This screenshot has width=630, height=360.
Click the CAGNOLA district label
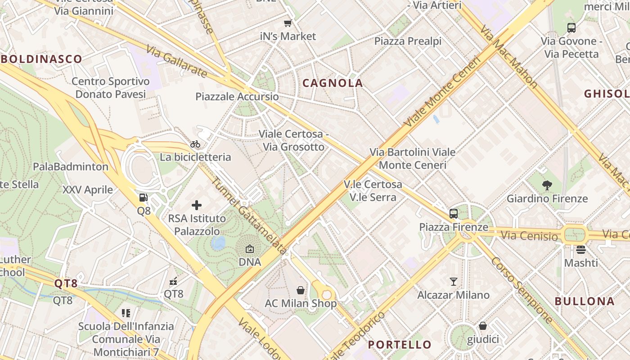[x=333, y=83]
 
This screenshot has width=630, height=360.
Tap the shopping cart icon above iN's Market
[x=288, y=23]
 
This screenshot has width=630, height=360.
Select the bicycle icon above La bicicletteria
[x=195, y=144]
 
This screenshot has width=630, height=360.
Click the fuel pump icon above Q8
[x=144, y=197]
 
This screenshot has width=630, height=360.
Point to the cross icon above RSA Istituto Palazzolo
[x=197, y=205]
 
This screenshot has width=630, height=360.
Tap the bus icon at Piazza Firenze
[x=454, y=214]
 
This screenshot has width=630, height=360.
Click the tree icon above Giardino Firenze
[x=547, y=185]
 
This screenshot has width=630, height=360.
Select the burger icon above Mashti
[x=581, y=249]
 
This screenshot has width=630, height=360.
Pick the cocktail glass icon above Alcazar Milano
[x=453, y=282]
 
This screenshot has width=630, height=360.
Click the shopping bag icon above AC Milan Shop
[x=301, y=290]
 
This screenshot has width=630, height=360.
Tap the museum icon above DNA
[x=250, y=249]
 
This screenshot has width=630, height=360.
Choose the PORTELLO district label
[x=400, y=345]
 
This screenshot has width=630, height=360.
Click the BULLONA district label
[x=584, y=301]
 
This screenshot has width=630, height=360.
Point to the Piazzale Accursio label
[x=237, y=97]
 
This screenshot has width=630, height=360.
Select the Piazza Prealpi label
[x=408, y=41]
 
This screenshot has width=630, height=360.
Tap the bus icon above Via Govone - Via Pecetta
[x=571, y=28]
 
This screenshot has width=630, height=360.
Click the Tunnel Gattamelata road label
[x=249, y=215]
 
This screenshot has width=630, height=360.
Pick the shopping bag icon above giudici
[x=483, y=326]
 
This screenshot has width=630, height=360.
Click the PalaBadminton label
[x=71, y=167]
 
